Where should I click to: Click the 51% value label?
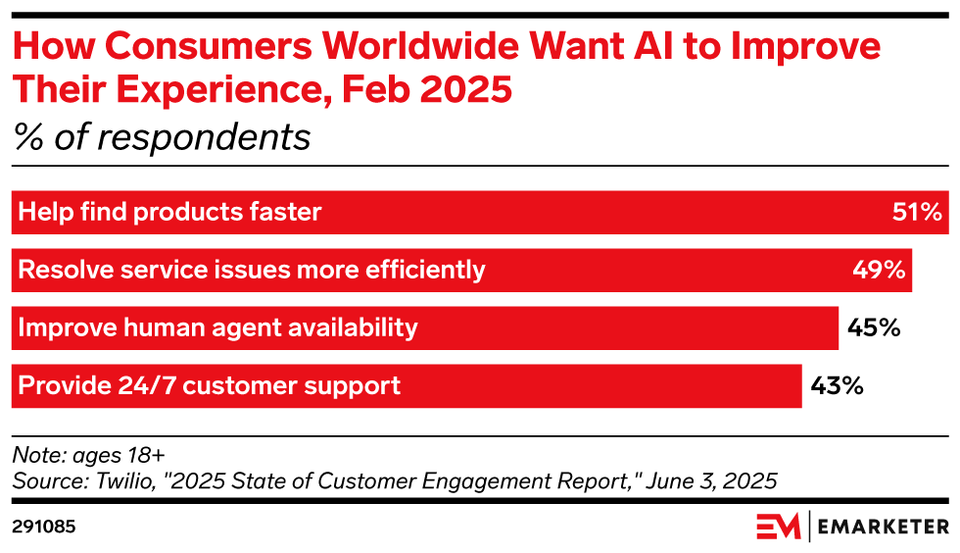click(x=918, y=212)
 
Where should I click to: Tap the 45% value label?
click(x=874, y=327)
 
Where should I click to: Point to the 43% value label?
click(x=837, y=385)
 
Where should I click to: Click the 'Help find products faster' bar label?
click(x=170, y=212)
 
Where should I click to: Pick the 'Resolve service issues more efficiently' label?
click(x=252, y=270)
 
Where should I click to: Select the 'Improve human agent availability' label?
click(x=218, y=327)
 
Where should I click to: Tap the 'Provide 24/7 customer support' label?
click(x=210, y=385)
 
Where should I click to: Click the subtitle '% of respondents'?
click(x=162, y=137)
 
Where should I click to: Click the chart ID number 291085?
click(x=44, y=527)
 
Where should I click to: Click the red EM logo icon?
click(x=779, y=527)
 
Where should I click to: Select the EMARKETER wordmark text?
click(x=883, y=527)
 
